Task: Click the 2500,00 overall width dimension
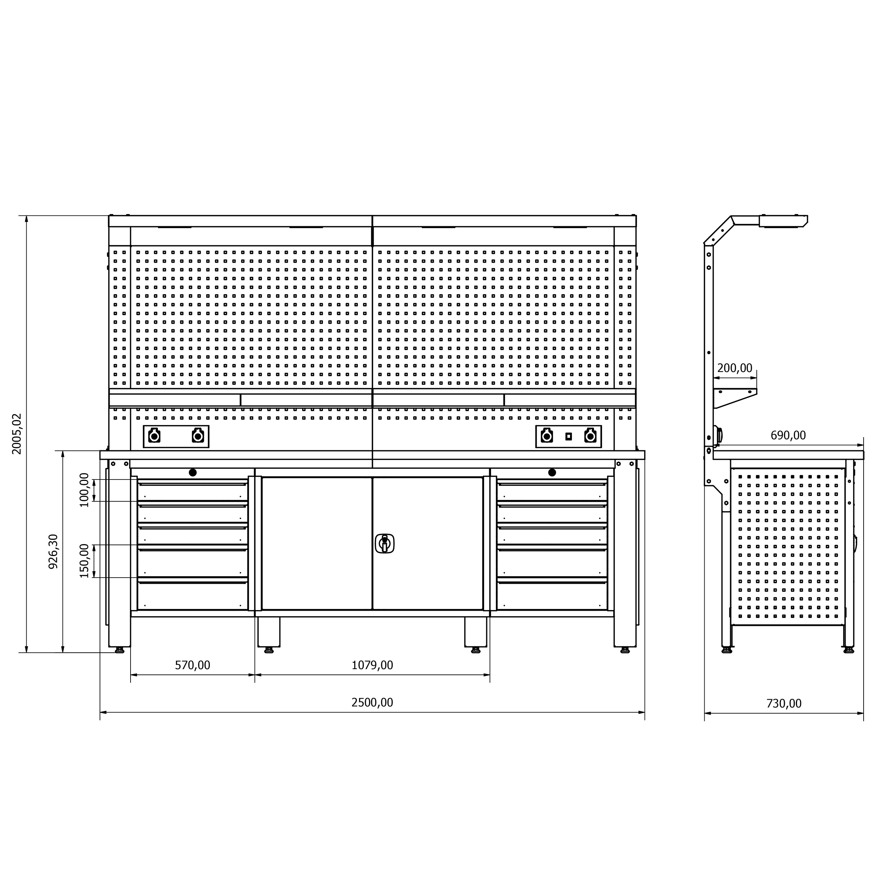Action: (x=372, y=702)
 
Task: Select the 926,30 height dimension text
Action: (x=54, y=551)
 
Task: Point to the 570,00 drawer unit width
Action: (x=192, y=665)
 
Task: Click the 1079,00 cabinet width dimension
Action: (x=372, y=665)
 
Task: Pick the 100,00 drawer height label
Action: (x=84, y=490)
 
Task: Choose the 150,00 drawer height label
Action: (x=84, y=561)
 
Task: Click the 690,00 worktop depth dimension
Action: (x=788, y=435)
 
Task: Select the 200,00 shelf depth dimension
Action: (x=734, y=368)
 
